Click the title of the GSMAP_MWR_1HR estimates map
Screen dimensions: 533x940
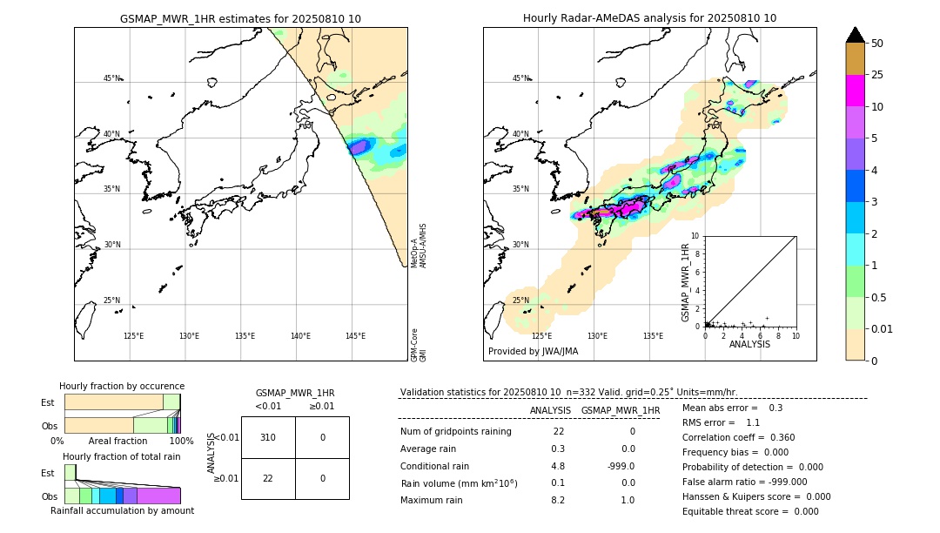coord(240,18)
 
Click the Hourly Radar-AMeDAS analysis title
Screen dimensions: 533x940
coord(649,18)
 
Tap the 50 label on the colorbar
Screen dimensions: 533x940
coord(877,44)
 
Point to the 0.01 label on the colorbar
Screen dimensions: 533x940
coord(883,328)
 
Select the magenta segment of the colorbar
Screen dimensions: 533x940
coord(855,91)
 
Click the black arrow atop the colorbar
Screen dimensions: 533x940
coord(855,35)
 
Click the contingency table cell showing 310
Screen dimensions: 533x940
coord(268,437)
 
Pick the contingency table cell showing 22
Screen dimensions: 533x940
coord(268,478)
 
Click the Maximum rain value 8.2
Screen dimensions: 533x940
coord(557,500)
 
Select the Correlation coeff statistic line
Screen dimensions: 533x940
coord(738,438)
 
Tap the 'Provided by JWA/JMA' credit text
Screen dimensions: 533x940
coord(533,352)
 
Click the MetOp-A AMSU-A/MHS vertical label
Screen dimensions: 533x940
coord(419,246)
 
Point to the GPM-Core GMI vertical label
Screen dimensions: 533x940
coord(419,345)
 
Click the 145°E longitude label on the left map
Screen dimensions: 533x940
coord(355,336)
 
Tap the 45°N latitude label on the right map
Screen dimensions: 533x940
coord(520,79)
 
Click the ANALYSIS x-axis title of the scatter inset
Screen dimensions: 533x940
coord(749,344)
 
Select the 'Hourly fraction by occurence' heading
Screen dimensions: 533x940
coord(122,386)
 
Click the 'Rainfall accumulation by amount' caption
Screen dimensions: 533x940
coord(122,511)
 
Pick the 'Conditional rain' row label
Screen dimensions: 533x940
coord(436,466)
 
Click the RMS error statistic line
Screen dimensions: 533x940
coord(721,422)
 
